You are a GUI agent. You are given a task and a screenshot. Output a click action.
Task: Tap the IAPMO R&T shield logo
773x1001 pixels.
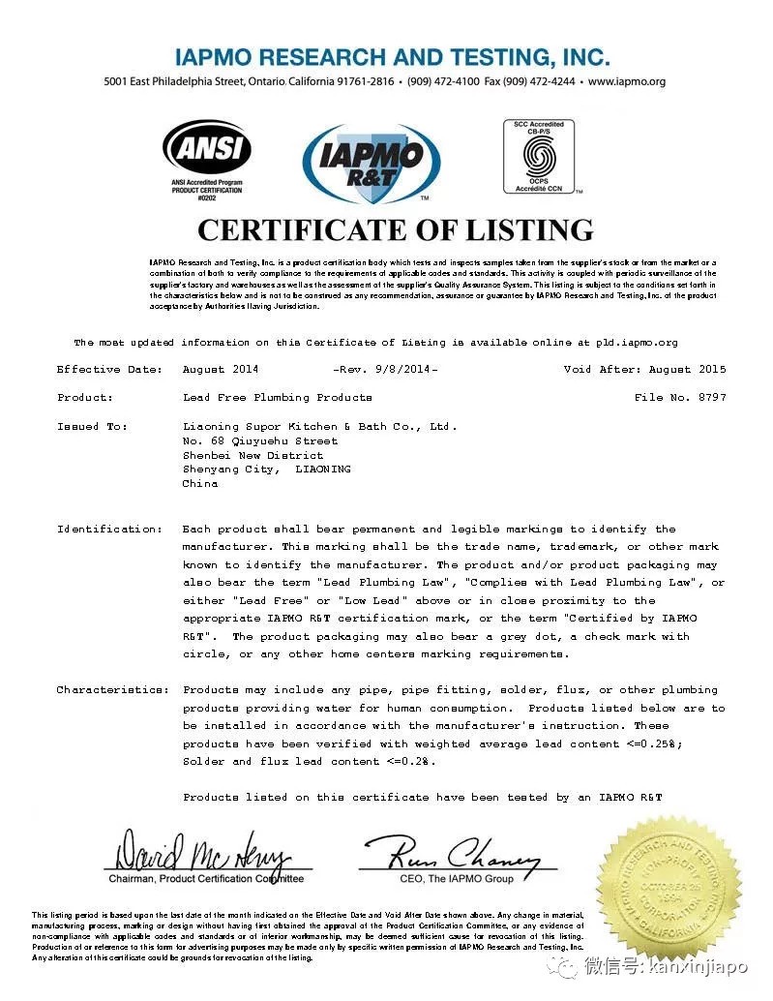372,163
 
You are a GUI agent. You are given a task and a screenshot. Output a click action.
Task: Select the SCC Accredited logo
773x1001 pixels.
539,156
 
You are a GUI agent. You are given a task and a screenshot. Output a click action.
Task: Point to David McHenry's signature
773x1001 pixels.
203,854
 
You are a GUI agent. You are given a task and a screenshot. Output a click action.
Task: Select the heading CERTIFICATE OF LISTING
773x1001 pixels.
395,229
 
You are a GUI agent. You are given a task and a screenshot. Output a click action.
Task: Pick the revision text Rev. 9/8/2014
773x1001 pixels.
385,370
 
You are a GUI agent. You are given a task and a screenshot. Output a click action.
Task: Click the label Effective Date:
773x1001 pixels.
103,370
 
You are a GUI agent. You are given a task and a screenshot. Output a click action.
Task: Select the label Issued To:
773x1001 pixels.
93,426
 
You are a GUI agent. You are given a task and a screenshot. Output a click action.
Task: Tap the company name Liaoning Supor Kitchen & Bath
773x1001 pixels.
319,426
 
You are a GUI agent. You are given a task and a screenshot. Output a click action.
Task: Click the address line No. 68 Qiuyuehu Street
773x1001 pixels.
260,440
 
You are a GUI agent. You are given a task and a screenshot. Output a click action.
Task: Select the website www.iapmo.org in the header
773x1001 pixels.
626,82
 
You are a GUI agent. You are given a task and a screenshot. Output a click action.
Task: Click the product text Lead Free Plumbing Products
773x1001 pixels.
277,398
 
